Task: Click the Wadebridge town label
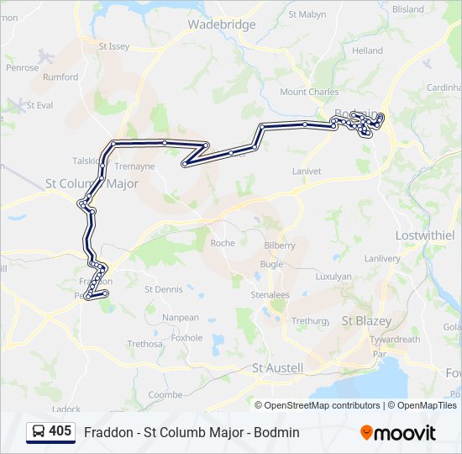[x=221, y=24]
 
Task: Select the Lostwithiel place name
[x=424, y=235]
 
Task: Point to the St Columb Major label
[x=92, y=183]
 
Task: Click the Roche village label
[x=223, y=243]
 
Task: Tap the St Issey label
[x=114, y=47]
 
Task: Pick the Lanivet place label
[x=306, y=171]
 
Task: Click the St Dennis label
[x=163, y=289]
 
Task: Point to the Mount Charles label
[x=309, y=92]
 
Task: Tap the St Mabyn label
[x=307, y=14]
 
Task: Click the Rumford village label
[x=60, y=77]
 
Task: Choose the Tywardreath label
[x=395, y=340]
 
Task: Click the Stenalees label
[x=270, y=295]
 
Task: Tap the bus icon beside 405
[x=39, y=432]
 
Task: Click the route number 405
[x=60, y=431]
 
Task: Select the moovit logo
[x=398, y=433]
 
